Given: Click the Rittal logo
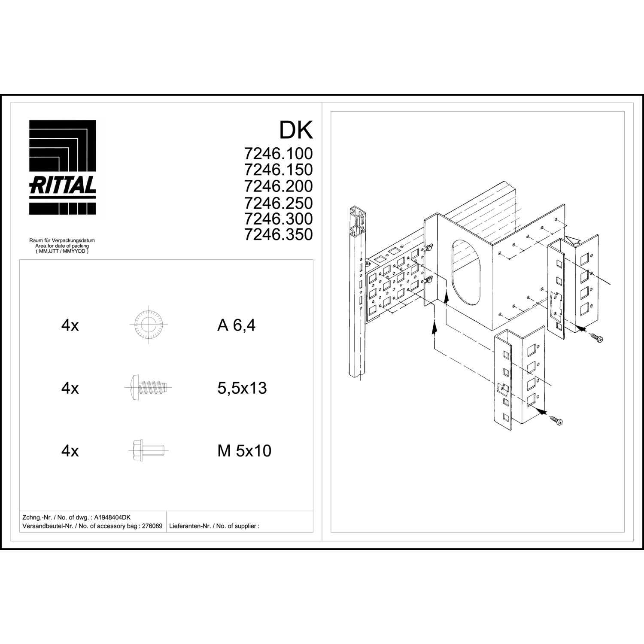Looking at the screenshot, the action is [62, 167].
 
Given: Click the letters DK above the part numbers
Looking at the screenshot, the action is [296, 130].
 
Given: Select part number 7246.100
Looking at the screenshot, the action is [278, 153].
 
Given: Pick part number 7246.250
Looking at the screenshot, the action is [278, 203].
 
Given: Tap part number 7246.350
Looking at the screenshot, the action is [278, 234].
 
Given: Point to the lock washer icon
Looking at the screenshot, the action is [149, 325].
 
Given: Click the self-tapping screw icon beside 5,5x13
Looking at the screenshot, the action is [149, 388].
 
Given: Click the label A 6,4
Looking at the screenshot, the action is [236, 325].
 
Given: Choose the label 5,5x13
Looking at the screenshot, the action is [242, 388].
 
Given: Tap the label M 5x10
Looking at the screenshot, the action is [244, 451].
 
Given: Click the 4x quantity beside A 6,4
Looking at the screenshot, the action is [70, 325].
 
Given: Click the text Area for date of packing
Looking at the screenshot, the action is [62, 246].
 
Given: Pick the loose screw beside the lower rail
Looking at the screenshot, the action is [557, 421].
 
